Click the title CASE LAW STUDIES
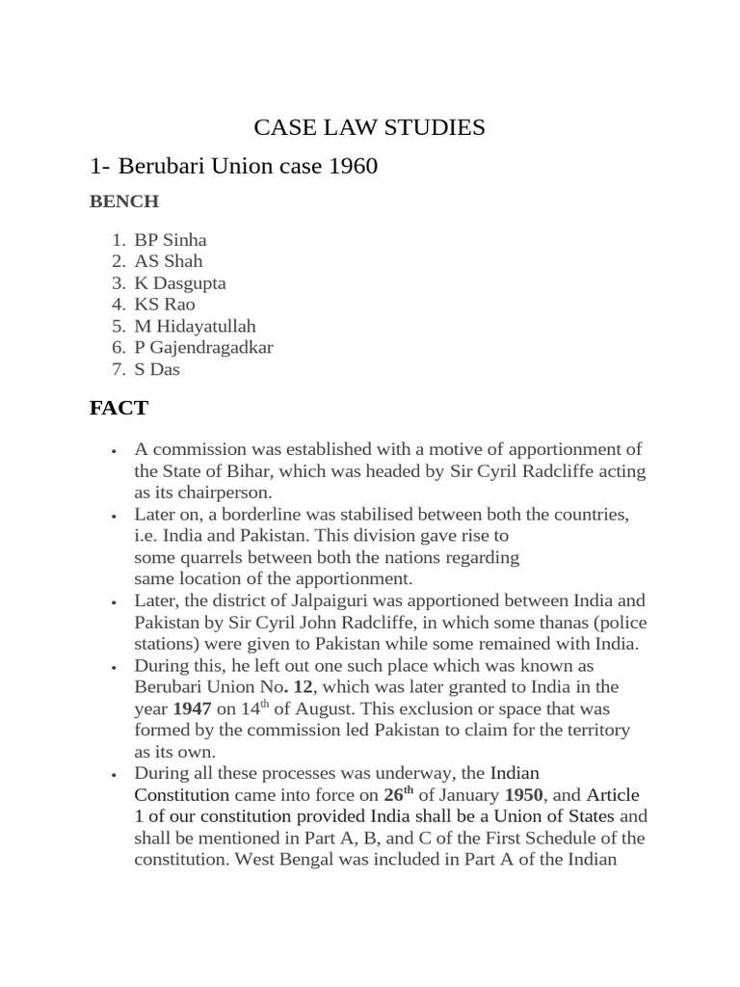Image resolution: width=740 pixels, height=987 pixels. [x=369, y=127]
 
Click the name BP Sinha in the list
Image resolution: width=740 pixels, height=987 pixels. [x=171, y=240]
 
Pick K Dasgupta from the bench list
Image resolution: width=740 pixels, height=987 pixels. [x=180, y=282]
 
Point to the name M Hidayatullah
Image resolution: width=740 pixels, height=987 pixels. [x=196, y=326]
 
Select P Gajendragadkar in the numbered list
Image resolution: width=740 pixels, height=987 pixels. [x=203, y=347]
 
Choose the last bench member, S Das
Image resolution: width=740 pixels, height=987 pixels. [x=157, y=369]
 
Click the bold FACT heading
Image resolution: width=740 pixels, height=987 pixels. [x=119, y=408]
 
